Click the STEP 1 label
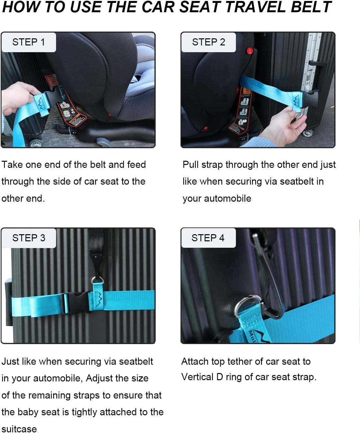28,42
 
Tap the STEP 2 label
208,42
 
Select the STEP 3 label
29,238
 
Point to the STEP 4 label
208,238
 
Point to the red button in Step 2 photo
249,51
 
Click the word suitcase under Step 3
19,428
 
